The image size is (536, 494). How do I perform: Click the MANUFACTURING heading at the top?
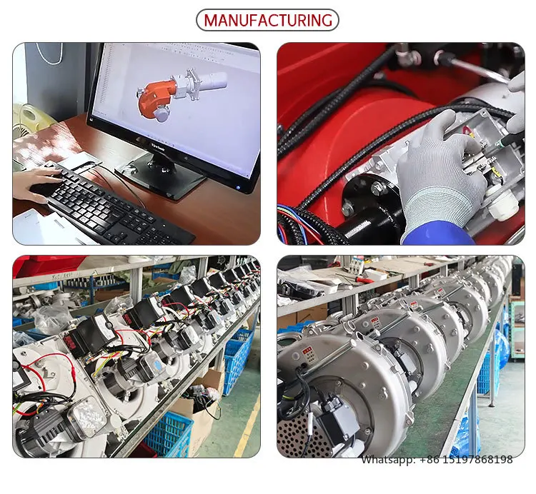267,20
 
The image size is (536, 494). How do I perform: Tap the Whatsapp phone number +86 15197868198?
437,460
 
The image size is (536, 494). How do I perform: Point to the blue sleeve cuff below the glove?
436,231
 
